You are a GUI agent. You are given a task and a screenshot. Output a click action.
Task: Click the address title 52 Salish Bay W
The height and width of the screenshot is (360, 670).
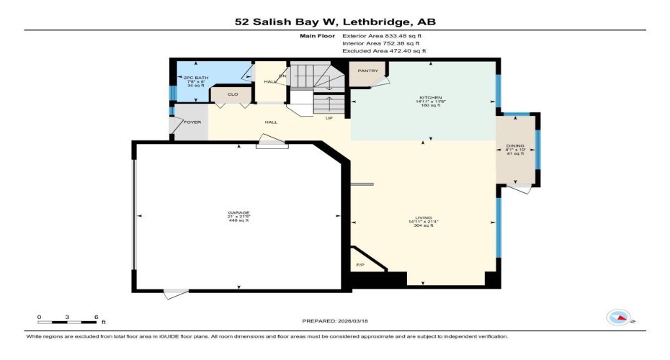[x=335, y=22]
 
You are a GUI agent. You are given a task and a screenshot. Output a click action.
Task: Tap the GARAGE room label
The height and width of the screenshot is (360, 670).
[x=238, y=212]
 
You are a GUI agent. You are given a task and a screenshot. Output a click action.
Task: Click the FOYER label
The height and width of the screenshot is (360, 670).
[x=192, y=122]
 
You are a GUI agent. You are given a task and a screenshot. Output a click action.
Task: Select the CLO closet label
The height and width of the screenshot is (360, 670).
[x=233, y=94]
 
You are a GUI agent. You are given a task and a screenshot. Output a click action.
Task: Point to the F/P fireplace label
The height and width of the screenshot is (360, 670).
[x=361, y=265]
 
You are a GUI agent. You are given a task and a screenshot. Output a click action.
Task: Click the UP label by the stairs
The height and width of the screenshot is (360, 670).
[x=329, y=119]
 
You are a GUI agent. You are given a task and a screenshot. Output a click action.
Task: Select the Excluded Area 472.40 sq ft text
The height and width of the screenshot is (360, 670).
[x=384, y=51]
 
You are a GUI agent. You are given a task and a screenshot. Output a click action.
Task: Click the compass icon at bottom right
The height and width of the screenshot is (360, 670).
[x=619, y=316]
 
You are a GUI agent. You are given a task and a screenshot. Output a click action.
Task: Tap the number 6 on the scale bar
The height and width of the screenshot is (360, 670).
[x=96, y=316]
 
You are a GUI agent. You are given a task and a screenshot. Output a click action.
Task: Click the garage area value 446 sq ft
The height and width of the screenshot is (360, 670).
[x=238, y=220]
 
